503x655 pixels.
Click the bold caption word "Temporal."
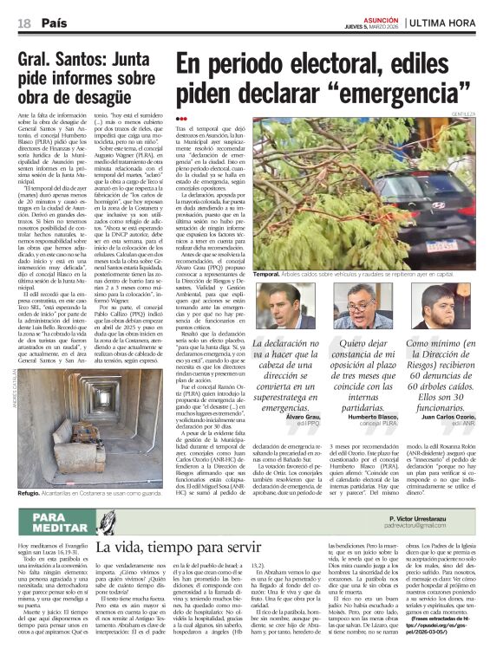(x=268, y=274)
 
